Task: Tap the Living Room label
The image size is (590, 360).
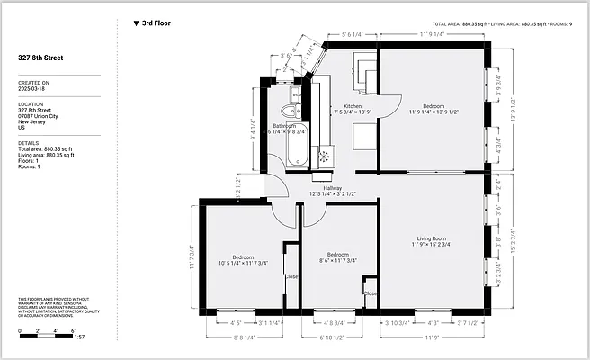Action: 432,238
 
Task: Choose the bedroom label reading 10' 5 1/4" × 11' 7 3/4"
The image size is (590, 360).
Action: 244,258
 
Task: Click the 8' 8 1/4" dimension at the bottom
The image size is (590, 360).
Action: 242,338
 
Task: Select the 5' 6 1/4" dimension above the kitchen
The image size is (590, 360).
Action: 353,34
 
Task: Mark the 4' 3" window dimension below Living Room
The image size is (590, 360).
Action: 432,322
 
